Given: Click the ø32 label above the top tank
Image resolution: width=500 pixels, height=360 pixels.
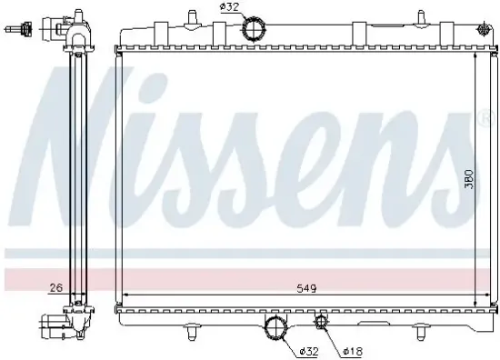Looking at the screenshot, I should tap(228, 9).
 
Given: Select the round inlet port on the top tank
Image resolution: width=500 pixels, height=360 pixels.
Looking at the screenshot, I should tap(254, 30).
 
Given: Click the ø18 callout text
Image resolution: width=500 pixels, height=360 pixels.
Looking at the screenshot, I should tap(353, 349).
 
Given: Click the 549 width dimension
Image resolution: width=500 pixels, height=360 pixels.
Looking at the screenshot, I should tap(305, 289).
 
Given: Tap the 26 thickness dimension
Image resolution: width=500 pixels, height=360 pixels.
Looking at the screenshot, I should tap(56, 289).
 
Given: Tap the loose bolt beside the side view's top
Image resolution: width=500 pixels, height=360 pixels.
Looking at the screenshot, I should tap(12, 30).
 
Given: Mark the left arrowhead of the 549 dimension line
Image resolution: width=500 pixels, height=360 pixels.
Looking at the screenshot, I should tap(126, 295).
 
